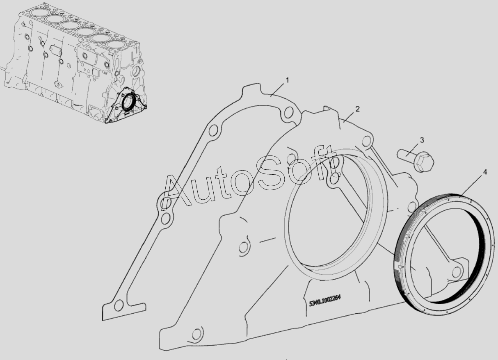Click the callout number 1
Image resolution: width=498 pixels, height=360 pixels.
click(x=287, y=80)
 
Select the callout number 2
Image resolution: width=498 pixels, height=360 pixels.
click(x=357, y=109)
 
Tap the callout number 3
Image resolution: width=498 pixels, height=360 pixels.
click(x=422, y=140)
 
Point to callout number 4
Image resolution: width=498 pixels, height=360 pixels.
click(x=485, y=172)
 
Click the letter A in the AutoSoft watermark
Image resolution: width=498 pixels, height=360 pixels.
click(x=178, y=191)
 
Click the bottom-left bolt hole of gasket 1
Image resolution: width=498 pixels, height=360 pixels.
click(x=119, y=305)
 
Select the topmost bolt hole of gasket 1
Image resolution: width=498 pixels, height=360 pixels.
click(x=288, y=112)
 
